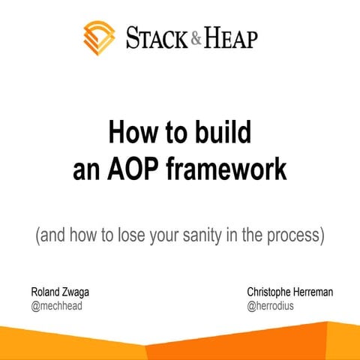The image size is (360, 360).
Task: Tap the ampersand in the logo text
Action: click(196, 37)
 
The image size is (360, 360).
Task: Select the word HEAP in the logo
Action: click(230, 37)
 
